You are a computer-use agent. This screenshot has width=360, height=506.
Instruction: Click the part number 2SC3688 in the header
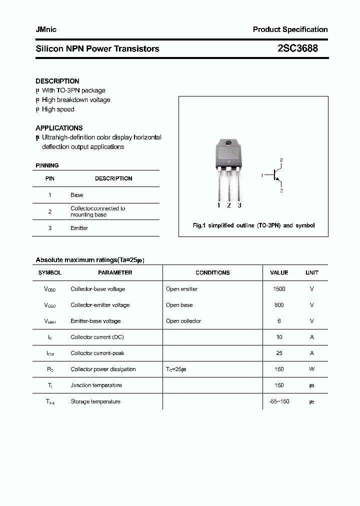(x=297, y=48)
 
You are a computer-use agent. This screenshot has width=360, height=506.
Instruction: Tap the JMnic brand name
(x=46, y=29)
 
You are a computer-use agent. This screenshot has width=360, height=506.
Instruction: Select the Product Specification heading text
(x=290, y=29)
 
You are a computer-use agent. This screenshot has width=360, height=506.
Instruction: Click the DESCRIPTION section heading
(x=57, y=81)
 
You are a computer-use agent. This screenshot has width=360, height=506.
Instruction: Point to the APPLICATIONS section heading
(x=59, y=128)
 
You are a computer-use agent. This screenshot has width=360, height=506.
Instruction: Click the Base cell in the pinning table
(x=77, y=195)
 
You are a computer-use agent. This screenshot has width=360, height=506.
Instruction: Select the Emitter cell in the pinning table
(x=79, y=228)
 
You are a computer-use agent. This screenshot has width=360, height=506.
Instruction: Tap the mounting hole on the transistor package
(x=228, y=144)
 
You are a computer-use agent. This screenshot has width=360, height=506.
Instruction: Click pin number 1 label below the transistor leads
(x=218, y=205)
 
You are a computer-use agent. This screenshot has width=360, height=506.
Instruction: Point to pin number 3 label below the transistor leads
(x=239, y=205)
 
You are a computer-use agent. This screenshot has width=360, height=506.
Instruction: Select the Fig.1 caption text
(x=253, y=225)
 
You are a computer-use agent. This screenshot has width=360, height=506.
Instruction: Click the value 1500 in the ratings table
(x=279, y=289)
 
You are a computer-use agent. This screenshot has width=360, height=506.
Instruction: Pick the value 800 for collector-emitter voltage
(x=279, y=305)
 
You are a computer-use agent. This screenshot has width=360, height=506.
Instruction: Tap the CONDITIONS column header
(x=212, y=273)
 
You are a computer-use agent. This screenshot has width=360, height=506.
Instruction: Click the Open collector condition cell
(x=183, y=321)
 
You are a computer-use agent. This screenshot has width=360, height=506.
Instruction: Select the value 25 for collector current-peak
(x=279, y=353)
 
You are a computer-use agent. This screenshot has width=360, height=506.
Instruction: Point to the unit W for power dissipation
(x=311, y=369)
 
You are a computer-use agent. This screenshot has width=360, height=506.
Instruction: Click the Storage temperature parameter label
(x=95, y=401)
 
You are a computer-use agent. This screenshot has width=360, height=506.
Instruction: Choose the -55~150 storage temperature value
(x=279, y=401)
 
